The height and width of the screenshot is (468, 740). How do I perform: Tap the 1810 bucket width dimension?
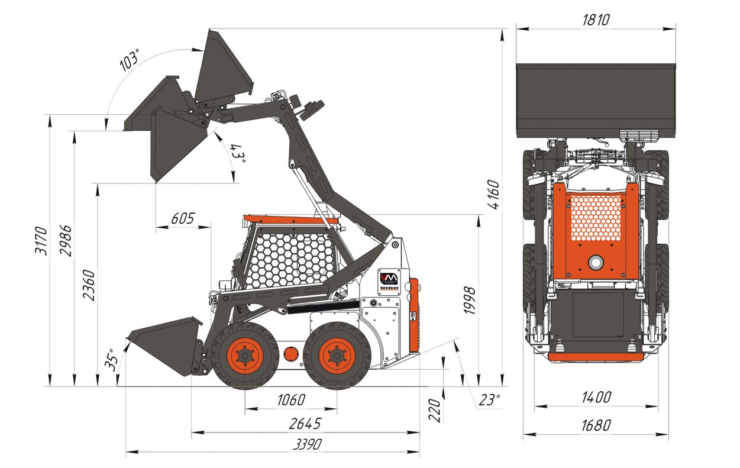596,20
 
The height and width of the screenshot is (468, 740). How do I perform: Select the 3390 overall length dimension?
307,444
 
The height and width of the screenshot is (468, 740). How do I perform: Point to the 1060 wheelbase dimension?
291,400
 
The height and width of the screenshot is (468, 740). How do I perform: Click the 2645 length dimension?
305,424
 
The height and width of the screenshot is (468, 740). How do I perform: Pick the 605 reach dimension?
183,218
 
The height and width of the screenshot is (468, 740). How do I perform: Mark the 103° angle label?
129,60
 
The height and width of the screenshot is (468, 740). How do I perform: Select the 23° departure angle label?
490,400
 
